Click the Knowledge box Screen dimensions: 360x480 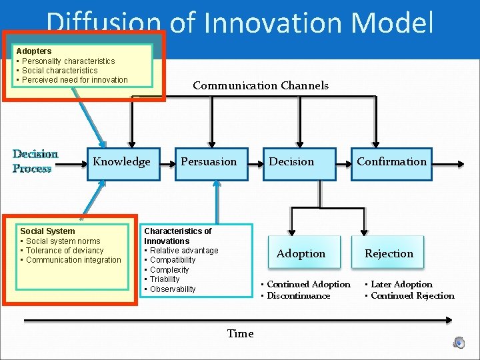tap(122, 163)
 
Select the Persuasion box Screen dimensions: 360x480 tap(209, 163)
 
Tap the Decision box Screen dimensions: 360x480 tap(291, 163)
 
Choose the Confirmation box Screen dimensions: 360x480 tap(391, 163)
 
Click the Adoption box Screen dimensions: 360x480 tap(301, 254)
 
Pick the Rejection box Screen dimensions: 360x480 tap(389, 254)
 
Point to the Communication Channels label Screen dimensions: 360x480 tap(261, 85)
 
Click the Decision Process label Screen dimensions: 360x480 tap(32, 161)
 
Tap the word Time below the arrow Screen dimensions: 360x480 tap(240, 334)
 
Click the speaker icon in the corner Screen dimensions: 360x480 tap(459, 342)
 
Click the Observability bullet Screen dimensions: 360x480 tap(173, 289)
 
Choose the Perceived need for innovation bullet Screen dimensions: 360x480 tap(75, 80)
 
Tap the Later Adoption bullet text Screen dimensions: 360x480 tap(401, 285)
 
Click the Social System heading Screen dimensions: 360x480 tap(47, 231)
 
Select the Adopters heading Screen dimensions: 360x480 tap(33, 51)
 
